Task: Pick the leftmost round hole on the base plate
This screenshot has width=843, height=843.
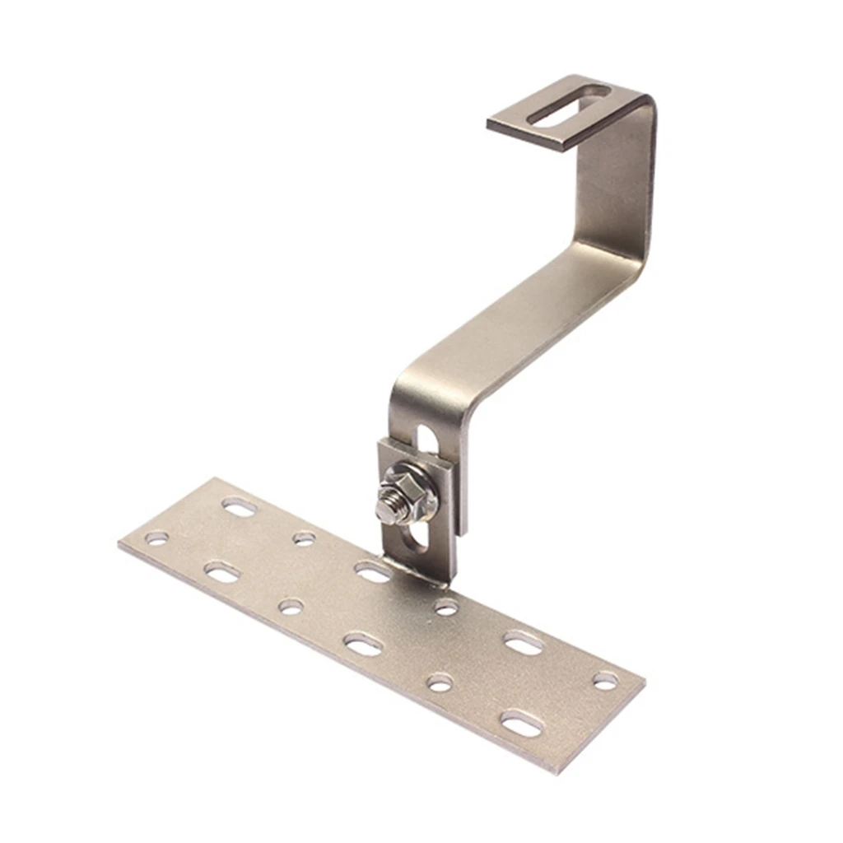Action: [x=156, y=539]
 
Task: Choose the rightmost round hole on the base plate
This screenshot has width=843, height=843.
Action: [x=605, y=681]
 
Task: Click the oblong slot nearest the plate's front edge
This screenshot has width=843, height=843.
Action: [x=522, y=724]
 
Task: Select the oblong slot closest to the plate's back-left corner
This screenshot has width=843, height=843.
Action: [x=239, y=507]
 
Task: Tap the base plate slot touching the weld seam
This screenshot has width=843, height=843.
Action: [x=372, y=571]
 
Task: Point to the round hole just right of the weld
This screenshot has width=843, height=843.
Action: [x=446, y=608]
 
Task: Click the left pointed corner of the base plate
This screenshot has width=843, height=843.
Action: [x=120, y=544]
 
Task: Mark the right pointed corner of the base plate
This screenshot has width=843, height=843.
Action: [x=644, y=677]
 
